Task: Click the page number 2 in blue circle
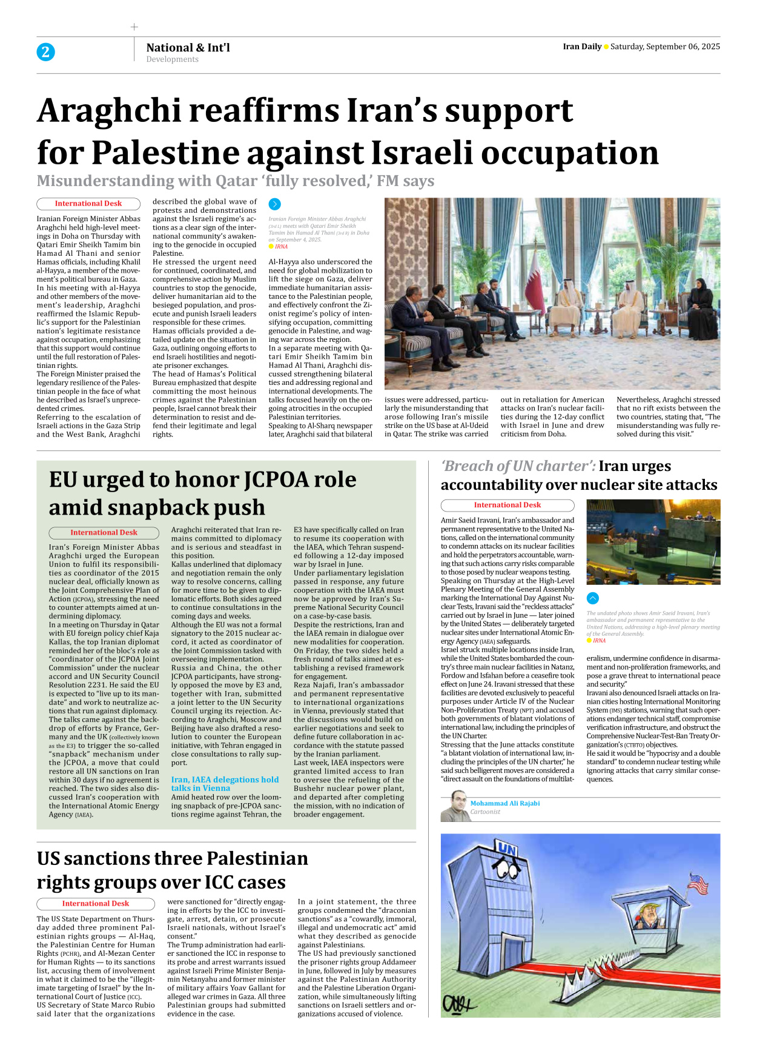(45, 52)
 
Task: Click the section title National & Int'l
(188, 47)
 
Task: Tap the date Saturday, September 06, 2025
(665, 47)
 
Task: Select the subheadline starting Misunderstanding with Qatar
(235, 181)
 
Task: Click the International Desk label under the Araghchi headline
(88, 204)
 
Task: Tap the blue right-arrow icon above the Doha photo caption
(274, 204)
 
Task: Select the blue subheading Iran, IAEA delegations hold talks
(225, 784)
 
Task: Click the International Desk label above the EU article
(104, 533)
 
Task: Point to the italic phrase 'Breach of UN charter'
(518, 466)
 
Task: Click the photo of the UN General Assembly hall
(653, 541)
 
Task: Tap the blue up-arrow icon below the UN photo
(593, 598)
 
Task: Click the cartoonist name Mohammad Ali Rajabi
(504, 803)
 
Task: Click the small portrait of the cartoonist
(455, 807)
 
